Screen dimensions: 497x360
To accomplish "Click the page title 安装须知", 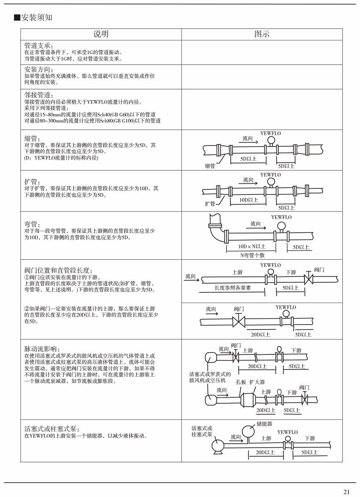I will [x=36, y=18].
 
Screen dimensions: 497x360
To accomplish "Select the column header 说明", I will [x=101, y=34].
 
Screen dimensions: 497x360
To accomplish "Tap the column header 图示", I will [x=262, y=34].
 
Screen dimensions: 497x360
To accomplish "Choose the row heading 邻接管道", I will [x=39, y=95].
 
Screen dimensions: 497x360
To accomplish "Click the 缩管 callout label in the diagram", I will [x=210, y=166].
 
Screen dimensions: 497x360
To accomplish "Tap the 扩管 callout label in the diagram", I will [x=210, y=204].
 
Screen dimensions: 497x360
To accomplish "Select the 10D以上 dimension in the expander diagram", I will [x=249, y=200].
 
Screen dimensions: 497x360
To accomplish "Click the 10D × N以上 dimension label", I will [x=252, y=247].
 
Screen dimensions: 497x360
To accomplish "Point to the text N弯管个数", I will [x=252, y=255].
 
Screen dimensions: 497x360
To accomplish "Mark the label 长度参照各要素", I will [x=233, y=288].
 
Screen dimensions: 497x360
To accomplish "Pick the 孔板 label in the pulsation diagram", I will [x=241, y=382].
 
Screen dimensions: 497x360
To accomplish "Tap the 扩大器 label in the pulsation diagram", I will [x=257, y=382].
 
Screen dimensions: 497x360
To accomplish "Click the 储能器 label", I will [x=264, y=424].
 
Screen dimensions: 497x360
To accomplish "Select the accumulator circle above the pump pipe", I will [x=248, y=431].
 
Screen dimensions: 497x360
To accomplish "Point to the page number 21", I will [x=347, y=492].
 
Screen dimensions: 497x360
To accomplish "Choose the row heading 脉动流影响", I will [x=42, y=349].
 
